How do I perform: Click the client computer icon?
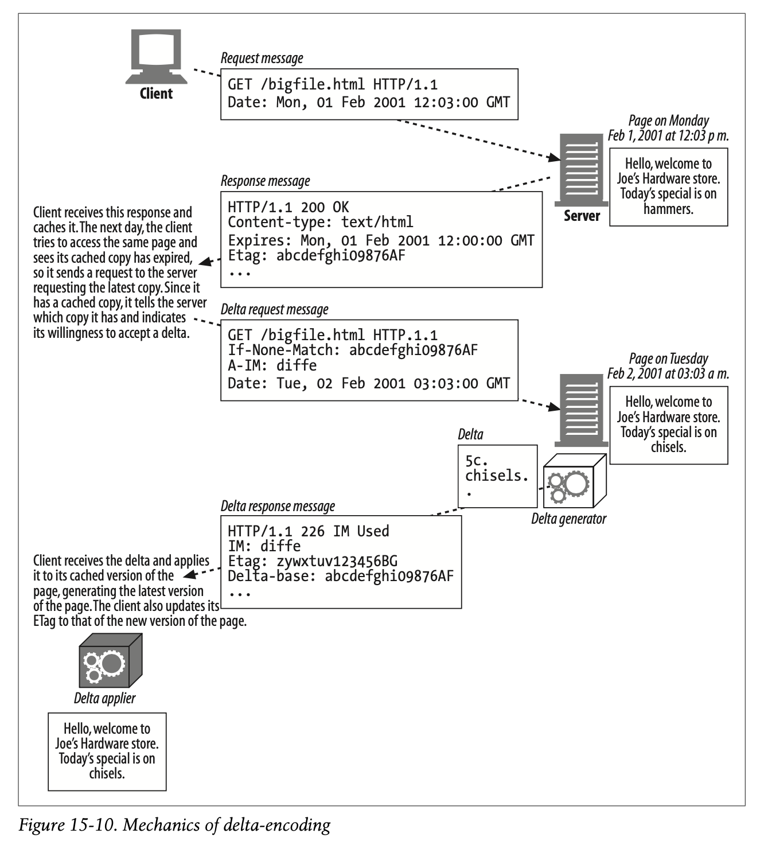coord(156,57)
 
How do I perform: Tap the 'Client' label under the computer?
coord(156,94)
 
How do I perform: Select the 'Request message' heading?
coord(262,59)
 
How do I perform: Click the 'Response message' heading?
coord(265,181)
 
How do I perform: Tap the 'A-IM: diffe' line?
coord(272,365)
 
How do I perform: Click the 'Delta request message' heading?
coord(274,310)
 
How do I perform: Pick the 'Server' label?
coord(582,216)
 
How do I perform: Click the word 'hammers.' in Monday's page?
coord(668,209)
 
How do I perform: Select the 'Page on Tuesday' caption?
coord(668,359)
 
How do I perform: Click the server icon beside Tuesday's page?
coord(581,410)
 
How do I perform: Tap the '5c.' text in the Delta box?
coord(476,461)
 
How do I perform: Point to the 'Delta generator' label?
coord(568,519)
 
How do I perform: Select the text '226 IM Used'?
coord(345,531)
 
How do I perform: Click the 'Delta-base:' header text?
coord(272,576)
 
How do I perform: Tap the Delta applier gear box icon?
coord(110,660)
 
